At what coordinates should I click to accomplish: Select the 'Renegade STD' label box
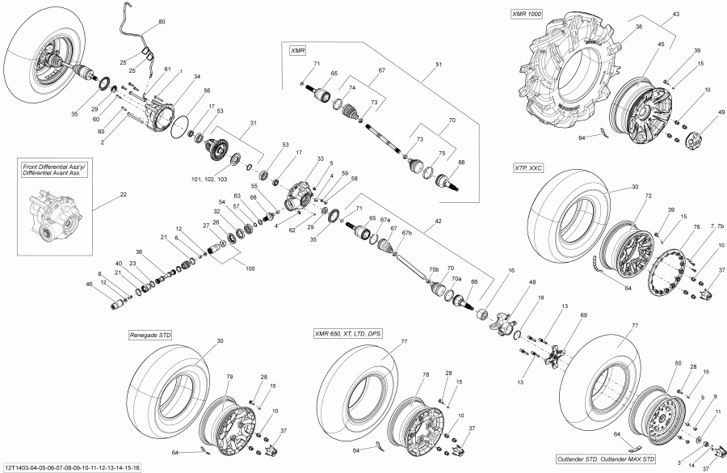pyautogui.click(x=150, y=334)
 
